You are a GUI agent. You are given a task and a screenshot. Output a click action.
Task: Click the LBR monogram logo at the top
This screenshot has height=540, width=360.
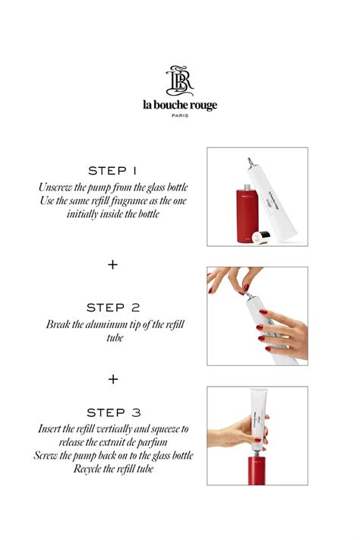180,81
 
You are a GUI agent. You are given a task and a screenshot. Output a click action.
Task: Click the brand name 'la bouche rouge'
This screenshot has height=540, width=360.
180,105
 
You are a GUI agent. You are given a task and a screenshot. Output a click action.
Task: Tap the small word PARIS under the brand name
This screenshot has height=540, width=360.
180,116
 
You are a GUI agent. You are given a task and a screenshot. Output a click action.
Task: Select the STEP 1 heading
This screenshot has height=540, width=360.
113,170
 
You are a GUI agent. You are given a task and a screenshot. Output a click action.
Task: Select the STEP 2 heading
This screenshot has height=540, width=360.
113,308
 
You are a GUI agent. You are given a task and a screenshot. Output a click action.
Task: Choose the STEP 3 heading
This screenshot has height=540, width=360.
113,412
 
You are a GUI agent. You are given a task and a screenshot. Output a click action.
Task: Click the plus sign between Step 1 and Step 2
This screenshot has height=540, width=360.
113,264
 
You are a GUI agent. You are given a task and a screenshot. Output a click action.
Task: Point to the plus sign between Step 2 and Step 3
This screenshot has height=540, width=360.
113,377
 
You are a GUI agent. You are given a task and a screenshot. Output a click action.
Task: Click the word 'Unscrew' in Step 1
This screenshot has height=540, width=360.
58,187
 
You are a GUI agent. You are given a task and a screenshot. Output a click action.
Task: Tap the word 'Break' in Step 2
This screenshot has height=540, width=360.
61,324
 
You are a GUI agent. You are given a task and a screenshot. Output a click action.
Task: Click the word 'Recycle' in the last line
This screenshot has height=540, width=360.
91,469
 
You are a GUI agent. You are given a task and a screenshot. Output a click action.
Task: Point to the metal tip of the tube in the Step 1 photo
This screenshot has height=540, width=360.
248,160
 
